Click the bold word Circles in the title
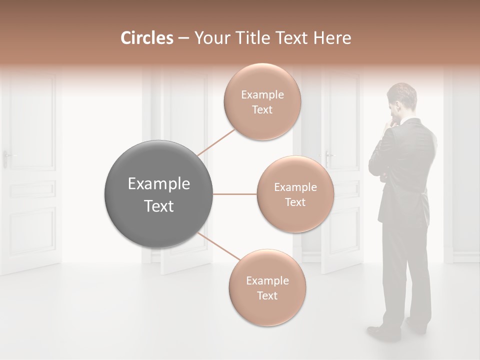point(146,38)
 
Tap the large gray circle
point(159,194)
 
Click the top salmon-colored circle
point(262,101)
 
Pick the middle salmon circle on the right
point(295,194)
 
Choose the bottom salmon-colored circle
point(267,287)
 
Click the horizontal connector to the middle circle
point(235,194)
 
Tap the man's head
point(402,97)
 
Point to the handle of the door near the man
point(328,156)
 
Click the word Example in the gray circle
point(159,184)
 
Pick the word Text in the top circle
point(262,109)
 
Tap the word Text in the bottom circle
point(267,295)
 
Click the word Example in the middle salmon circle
point(295,187)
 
